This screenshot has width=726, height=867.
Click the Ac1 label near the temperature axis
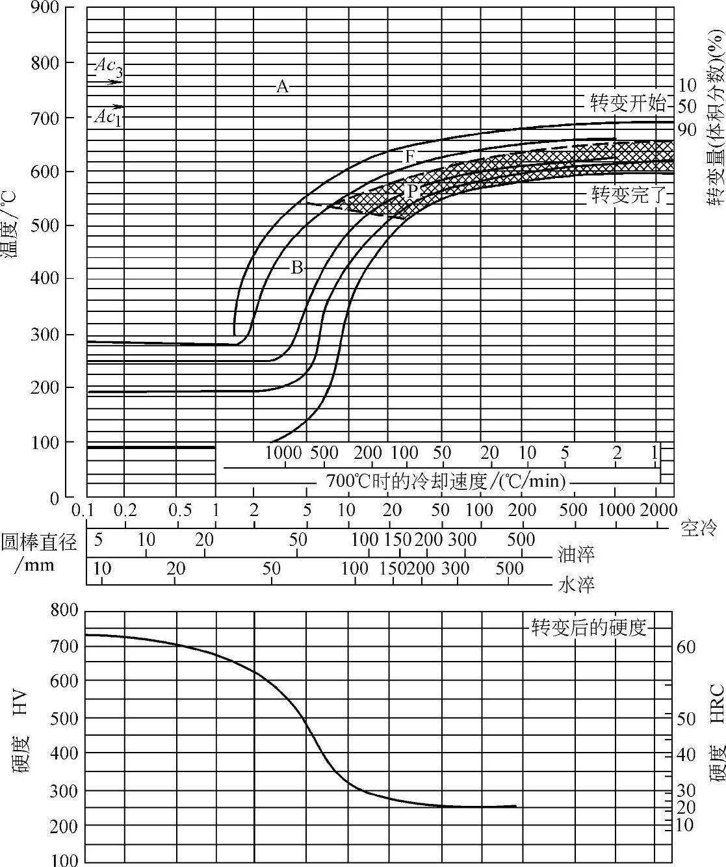pos(107,118)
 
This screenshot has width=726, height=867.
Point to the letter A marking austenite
pos(281,86)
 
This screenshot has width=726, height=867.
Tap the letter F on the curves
pos(409,157)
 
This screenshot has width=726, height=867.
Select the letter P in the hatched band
pos(412,190)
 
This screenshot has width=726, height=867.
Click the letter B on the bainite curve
pos(296,267)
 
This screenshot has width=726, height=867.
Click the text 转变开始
pos(628,103)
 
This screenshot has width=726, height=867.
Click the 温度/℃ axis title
pos(13,222)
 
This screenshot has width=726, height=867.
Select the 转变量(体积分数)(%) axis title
pos(715,120)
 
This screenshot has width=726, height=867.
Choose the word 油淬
pos(577,554)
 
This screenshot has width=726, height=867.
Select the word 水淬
pos(577,585)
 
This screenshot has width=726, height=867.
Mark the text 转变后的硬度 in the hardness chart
pos(590,628)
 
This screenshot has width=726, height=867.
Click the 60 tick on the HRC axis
pos(687,647)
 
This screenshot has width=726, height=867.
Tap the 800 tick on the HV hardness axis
pos(63,610)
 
